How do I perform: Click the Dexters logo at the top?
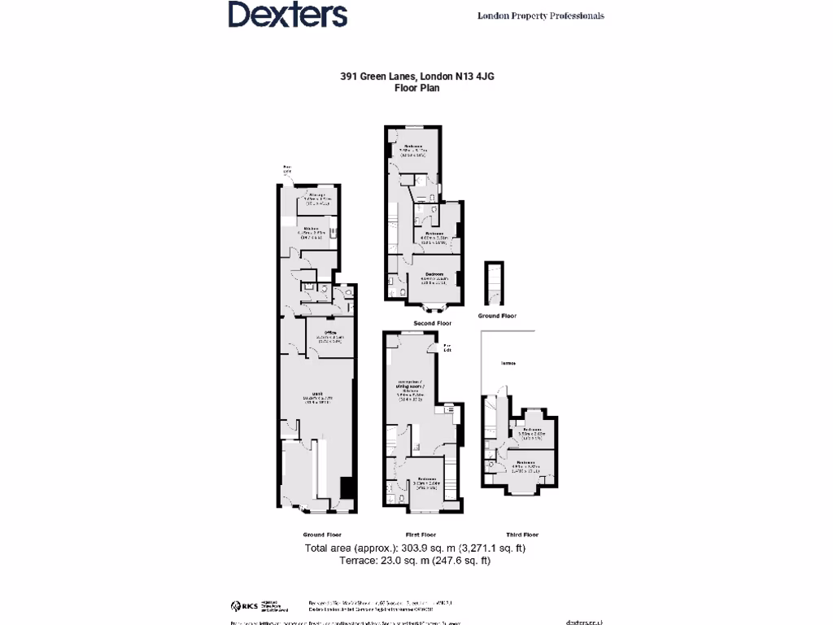[287, 15]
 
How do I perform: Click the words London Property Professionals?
[540, 15]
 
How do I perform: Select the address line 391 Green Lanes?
[416, 76]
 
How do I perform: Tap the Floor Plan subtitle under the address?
[416, 87]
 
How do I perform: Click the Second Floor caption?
[432, 323]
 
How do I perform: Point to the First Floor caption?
[421, 535]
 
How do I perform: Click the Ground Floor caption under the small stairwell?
[496, 316]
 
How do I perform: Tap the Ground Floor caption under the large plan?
[322, 535]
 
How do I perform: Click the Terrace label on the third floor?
[508, 364]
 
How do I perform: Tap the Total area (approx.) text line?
[415, 548]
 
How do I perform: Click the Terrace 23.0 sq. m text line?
[415, 560]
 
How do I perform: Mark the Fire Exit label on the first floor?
[447, 348]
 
